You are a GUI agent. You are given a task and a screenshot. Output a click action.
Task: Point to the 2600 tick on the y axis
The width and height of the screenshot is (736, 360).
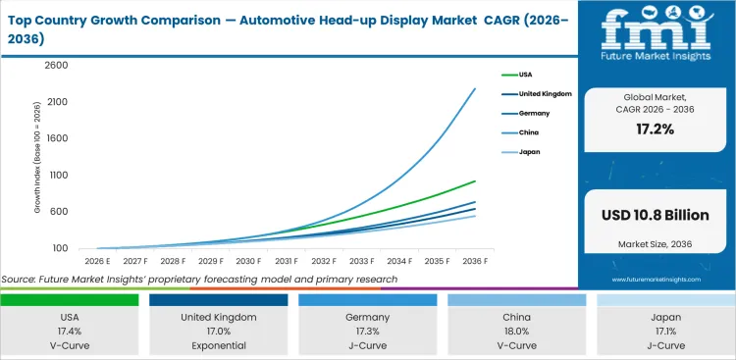click(x=55, y=66)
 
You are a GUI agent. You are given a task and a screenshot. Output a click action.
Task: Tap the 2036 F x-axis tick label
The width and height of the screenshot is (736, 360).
click(x=476, y=261)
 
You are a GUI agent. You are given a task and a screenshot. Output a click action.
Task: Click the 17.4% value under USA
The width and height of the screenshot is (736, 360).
click(x=69, y=332)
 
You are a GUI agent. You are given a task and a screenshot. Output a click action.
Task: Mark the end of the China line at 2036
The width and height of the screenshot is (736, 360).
click(x=476, y=88)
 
